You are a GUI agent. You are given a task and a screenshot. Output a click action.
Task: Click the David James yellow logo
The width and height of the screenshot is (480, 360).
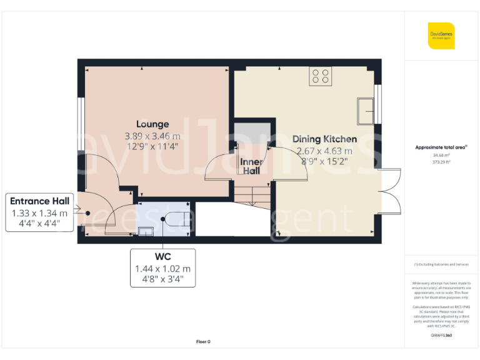441,36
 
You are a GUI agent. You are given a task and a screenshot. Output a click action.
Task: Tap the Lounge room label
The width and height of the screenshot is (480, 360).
152,124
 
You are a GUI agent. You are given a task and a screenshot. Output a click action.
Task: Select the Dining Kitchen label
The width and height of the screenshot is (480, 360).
324,139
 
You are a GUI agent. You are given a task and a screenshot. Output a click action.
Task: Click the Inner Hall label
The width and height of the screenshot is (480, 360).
251,166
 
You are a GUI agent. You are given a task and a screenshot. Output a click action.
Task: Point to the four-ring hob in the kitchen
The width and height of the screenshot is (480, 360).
321,76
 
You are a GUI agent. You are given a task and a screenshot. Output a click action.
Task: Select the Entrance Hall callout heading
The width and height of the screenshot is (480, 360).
41,201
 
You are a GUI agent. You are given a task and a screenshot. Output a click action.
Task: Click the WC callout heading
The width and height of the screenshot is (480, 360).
162,256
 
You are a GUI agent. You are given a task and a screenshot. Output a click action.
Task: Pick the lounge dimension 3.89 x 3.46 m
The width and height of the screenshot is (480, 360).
152,136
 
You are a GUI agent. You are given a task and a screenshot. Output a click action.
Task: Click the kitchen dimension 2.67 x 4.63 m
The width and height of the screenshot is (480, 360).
324,151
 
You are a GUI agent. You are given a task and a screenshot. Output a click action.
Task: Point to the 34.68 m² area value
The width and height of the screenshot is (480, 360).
441,155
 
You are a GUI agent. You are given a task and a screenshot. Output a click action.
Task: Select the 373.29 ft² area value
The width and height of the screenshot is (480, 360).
441,161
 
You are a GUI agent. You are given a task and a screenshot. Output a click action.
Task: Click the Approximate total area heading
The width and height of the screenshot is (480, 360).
441,147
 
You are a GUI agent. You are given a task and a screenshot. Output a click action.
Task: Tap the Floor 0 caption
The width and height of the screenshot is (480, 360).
203,341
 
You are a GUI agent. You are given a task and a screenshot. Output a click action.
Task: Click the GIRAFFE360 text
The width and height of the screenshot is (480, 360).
441,336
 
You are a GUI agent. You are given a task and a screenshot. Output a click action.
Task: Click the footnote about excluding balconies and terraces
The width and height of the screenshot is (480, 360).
441,264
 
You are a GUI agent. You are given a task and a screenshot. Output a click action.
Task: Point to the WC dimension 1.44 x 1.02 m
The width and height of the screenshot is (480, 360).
162,269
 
